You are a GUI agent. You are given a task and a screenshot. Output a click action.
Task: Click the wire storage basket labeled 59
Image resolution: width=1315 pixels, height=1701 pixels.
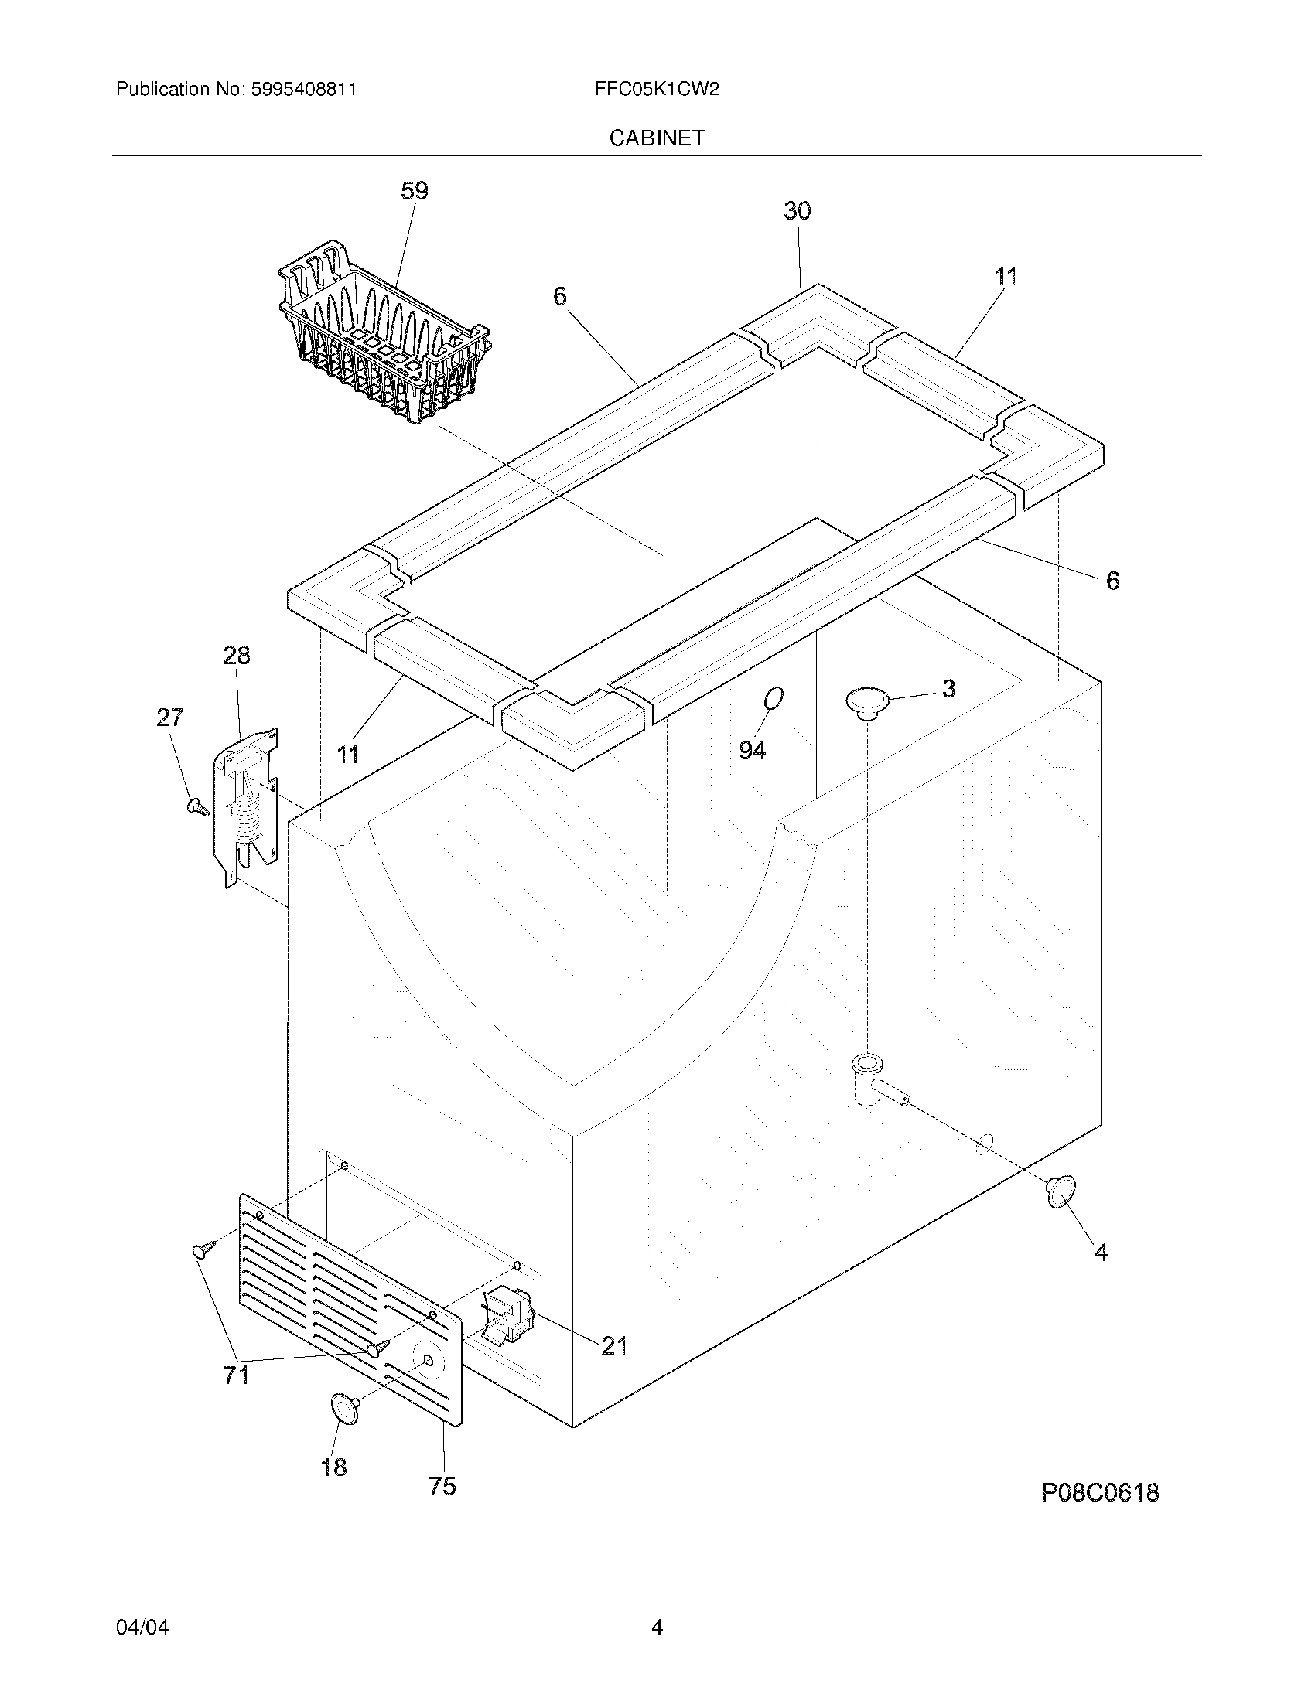[x=381, y=335]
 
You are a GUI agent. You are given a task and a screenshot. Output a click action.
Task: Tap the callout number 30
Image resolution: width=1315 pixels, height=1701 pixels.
[x=797, y=210]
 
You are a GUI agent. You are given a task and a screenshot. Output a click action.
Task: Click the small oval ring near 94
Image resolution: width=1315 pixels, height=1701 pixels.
[x=773, y=699]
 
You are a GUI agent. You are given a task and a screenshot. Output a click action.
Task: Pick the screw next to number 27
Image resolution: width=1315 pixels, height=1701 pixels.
[x=198, y=807]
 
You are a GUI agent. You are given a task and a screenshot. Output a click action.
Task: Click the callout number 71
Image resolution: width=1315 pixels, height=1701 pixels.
[x=236, y=1375]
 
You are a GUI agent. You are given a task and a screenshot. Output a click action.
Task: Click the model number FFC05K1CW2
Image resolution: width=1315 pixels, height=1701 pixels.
[x=656, y=90]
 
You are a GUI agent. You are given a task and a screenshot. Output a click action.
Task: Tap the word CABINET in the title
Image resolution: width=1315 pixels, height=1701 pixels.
[x=656, y=138]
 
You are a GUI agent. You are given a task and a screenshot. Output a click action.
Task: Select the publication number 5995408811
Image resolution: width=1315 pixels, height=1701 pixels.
[x=304, y=90]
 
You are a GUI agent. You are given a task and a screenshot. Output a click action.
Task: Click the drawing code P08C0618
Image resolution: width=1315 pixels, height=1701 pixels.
[x=1099, y=1493]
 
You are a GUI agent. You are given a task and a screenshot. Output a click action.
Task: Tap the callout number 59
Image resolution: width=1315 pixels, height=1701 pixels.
[x=415, y=191]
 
